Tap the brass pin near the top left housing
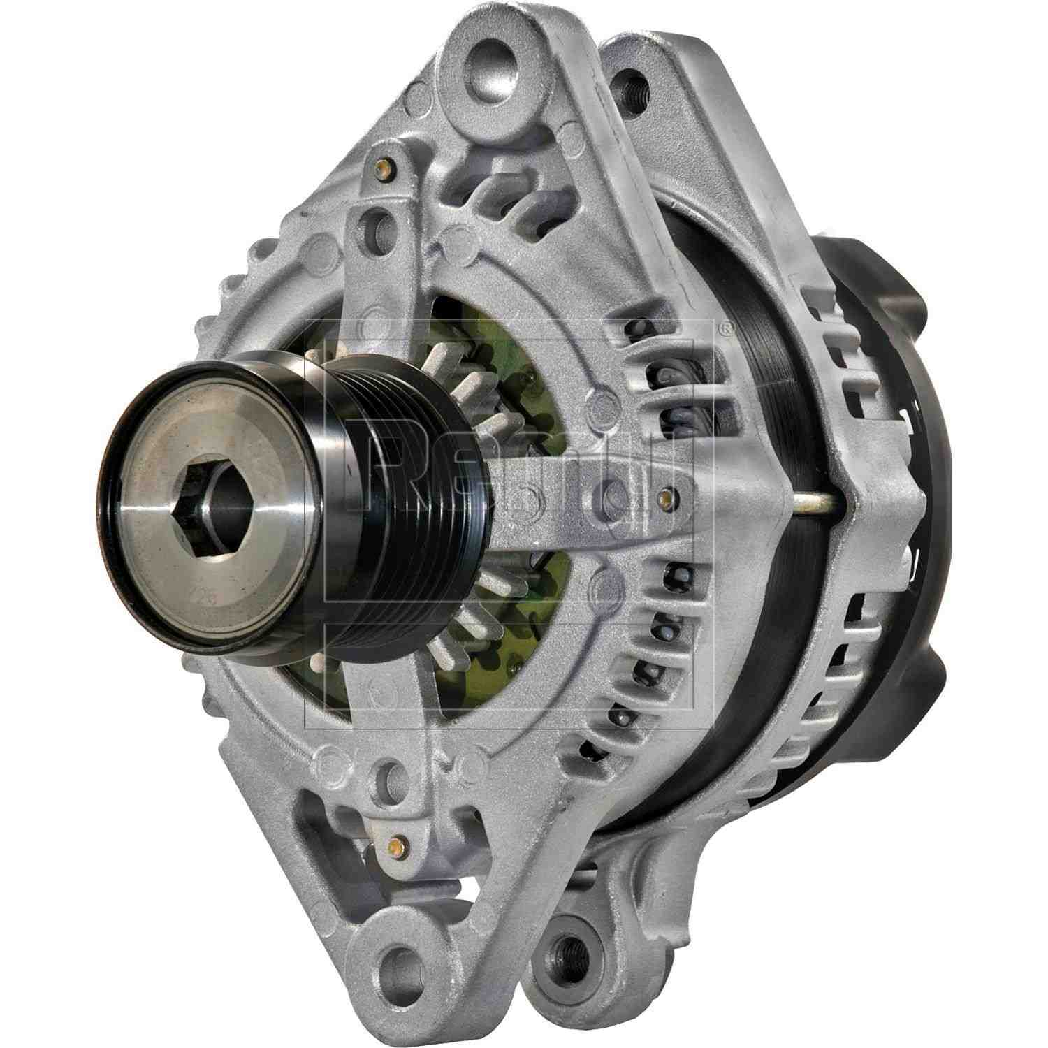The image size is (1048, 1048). coord(383,168)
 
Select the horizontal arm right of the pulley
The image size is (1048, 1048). coord(559,496)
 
